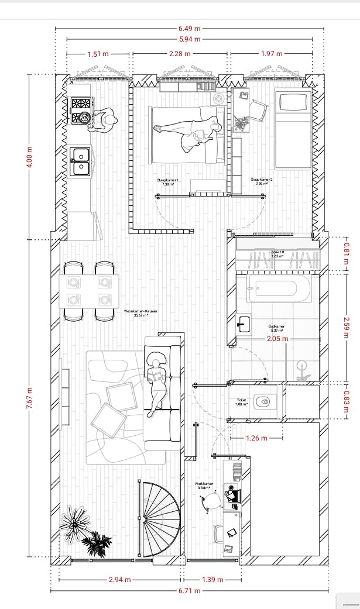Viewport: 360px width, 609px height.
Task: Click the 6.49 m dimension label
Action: pyautogui.click(x=188, y=28)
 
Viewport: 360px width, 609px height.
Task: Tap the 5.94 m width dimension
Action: pyautogui.click(x=188, y=39)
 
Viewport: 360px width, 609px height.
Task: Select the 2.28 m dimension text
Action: pyautogui.click(x=179, y=54)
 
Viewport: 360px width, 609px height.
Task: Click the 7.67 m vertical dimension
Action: pyautogui.click(x=29, y=400)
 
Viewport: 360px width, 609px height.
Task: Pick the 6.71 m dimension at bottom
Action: pyautogui.click(x=189, y=591)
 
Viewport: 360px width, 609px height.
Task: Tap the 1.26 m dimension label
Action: pyautogui.click(x=256, y=438)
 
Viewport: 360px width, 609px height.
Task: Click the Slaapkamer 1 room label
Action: pyautogui.click(x=168, y=181)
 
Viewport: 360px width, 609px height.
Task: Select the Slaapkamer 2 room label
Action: pyautogui.click(x=261, y=181)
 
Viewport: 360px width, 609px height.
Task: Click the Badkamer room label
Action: pyautogui.click(x=276, y=328)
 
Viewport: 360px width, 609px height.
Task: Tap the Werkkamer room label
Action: pyautogui.click(x=204, y=485)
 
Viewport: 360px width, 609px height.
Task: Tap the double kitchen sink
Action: pyautogui.click(x=80, y=161)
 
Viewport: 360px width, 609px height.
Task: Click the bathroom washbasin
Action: pyautogui.click(x=244, y=323)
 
